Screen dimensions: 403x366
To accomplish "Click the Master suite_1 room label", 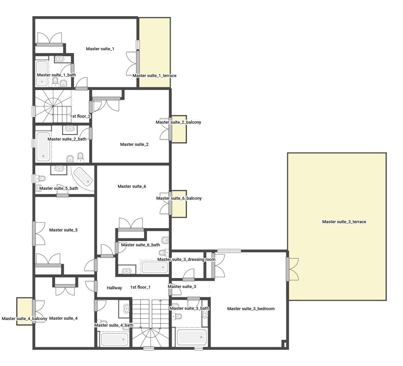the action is click(100, 49).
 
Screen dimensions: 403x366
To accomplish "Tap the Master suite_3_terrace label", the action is click(344, 222).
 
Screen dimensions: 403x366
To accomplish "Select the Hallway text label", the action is click(114, 288).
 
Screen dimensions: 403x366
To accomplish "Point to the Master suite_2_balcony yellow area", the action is click(179, 133).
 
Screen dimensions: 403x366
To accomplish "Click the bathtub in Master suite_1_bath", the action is click(42, 73).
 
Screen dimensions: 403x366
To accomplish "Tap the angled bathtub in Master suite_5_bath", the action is click(83, 176).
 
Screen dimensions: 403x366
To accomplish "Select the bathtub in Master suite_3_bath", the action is click(192, 337).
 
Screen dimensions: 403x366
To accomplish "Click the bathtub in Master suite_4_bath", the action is click(115, 339).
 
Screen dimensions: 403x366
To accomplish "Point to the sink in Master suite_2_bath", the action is click(70, 128).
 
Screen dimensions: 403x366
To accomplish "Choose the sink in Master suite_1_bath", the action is click(59, 59).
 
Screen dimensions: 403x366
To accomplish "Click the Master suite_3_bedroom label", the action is click(251, 309).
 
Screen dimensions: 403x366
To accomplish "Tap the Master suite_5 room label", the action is click(63, 230).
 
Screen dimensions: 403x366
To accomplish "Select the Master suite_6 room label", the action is click(132, 186).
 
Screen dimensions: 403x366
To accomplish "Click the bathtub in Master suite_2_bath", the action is click(43, 146).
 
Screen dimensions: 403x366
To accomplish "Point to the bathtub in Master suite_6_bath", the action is click(155, 267).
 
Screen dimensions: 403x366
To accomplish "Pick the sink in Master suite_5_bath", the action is click(59, 168).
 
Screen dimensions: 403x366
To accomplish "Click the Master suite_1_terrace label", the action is click(155, 76).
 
